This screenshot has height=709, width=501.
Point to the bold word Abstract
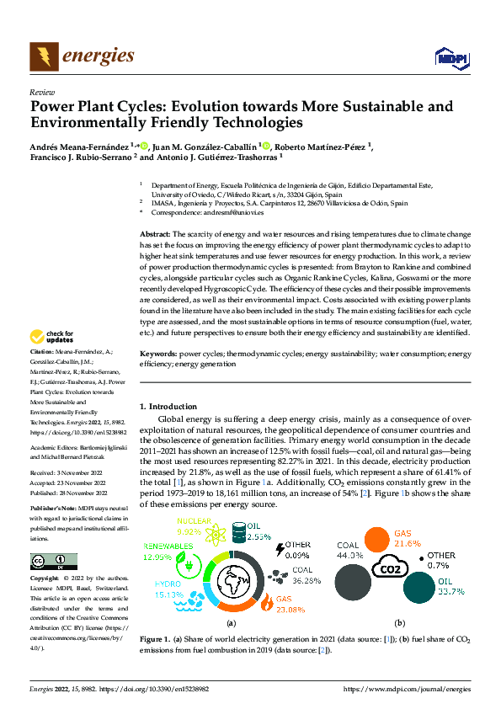[x=155, y=232]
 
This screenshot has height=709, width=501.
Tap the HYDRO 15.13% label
[x=173, y=592]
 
